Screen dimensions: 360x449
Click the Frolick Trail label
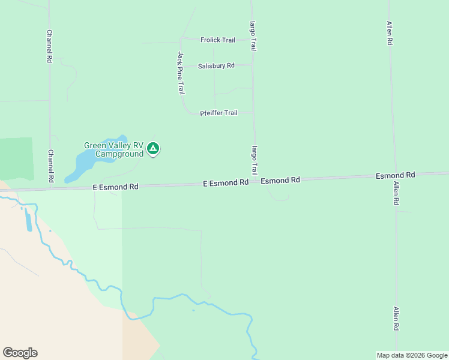click(217, 40)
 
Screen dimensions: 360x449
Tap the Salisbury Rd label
click(216, 65)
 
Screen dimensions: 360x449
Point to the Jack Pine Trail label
click(181, 73)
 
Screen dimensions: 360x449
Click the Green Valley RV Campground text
click(113, 149)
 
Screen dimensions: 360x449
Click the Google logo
click(20, 352)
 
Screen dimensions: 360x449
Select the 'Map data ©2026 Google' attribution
click(412, 355)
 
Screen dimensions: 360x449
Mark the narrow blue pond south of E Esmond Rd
click(29, 221)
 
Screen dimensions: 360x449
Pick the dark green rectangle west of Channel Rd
click(16, 158)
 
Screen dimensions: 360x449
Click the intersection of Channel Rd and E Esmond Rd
click(50, 188)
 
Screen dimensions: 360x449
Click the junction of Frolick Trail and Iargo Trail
click(252, 40)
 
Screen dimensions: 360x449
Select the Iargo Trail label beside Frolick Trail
click(253, 36)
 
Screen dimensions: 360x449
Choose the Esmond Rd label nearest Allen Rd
click(396, 175)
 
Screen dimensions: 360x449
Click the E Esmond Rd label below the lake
click(116, 187)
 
